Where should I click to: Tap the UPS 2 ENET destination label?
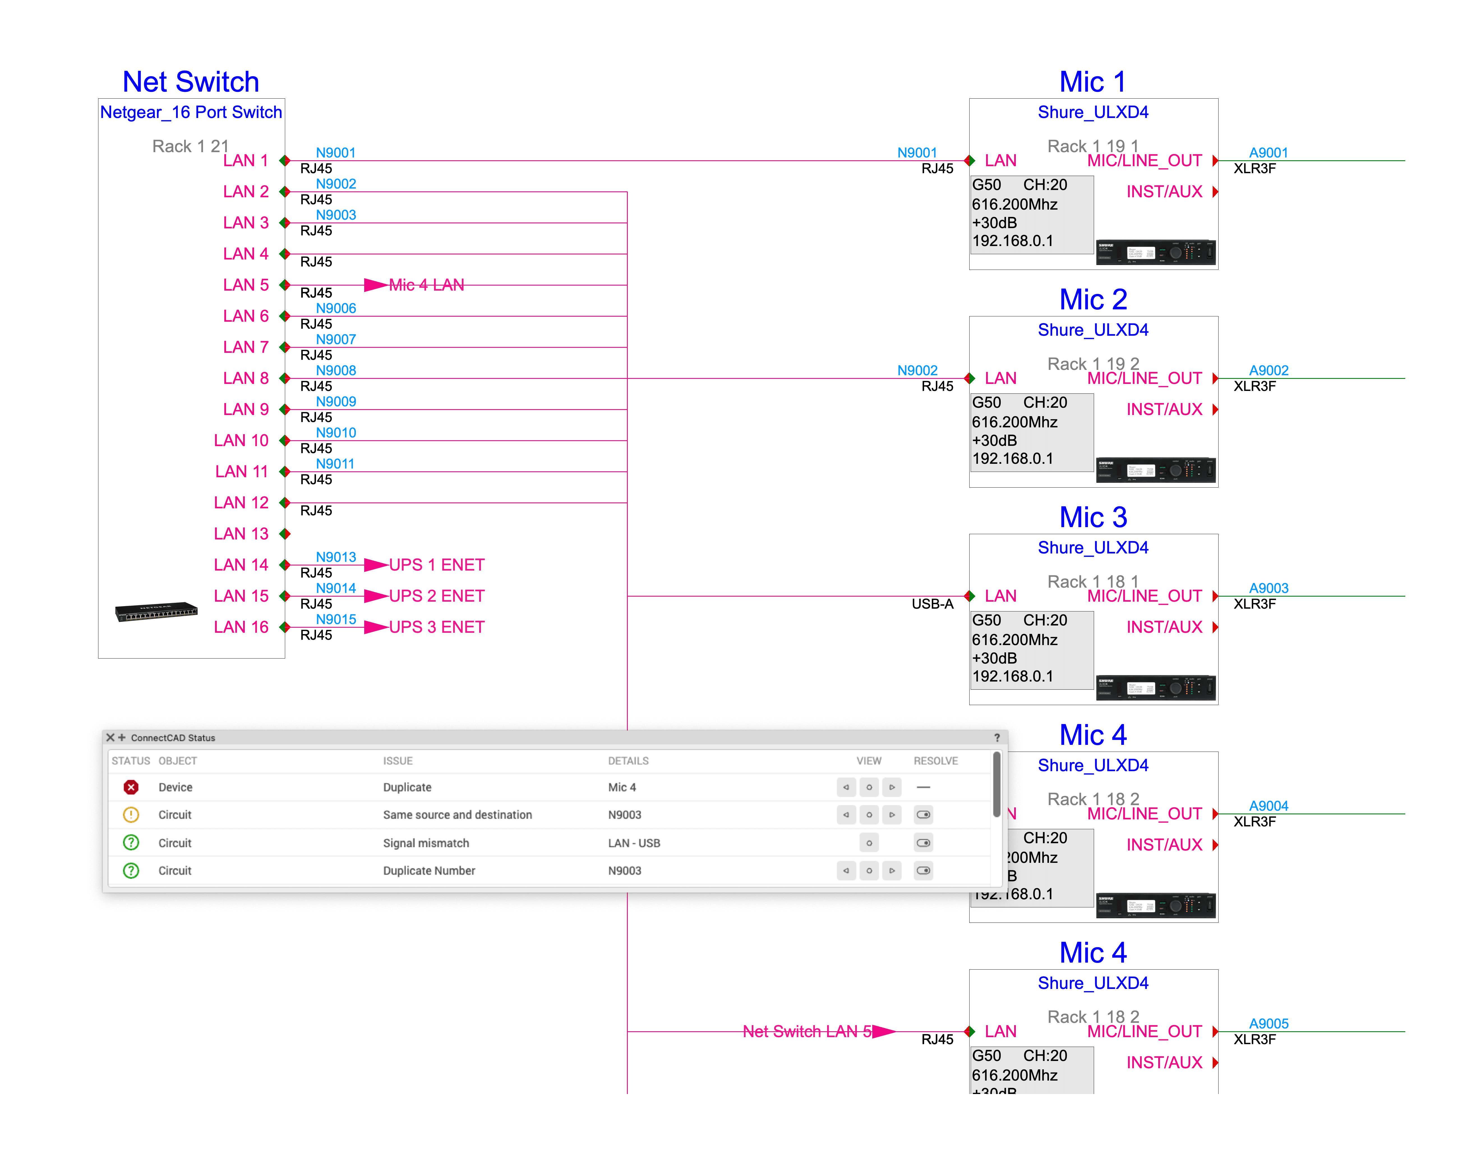pyautogui.click(x=437, y=596)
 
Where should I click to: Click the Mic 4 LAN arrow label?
pyautogui.click(x=426, y=285)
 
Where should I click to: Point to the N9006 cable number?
pyautogui.click(x=336, y=308)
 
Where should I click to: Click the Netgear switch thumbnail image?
pyautogui.click(x=156, y=612)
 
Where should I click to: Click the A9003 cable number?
pyautogui.click(x=1268, y=588)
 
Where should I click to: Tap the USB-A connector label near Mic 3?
pyautogui.click(x=932, y=604)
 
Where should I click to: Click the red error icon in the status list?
pyautogui.click(x=131, y=787)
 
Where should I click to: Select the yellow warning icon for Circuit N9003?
pyautogui.click(x=131, y=814)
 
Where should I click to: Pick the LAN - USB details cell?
pyautogui.click(x=634, y=843)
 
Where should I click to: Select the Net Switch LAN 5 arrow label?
pyautogui.click(x=807, y=1031)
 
